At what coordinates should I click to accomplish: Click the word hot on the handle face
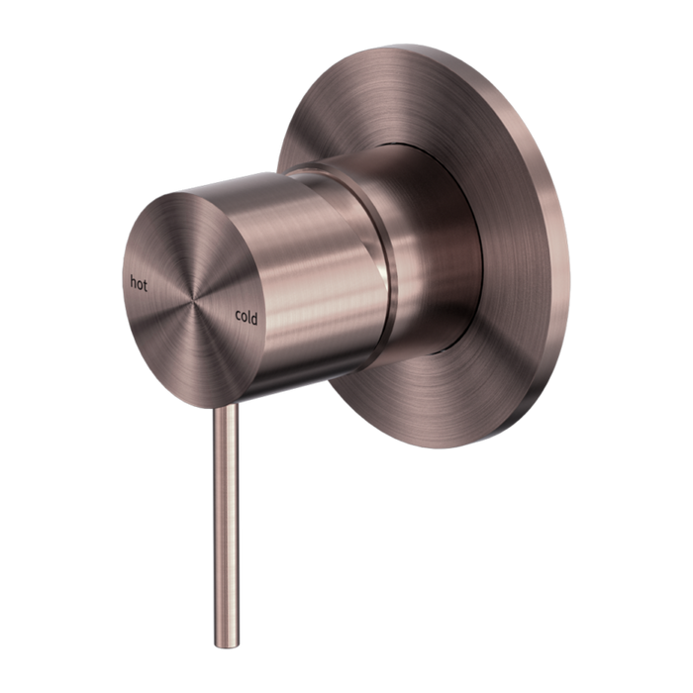(138, 283)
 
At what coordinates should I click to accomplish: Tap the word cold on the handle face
(247, 317)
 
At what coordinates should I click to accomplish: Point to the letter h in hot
(131, 282)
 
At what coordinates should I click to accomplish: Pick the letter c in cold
(238, 317)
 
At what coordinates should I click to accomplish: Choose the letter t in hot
(145, 284)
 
